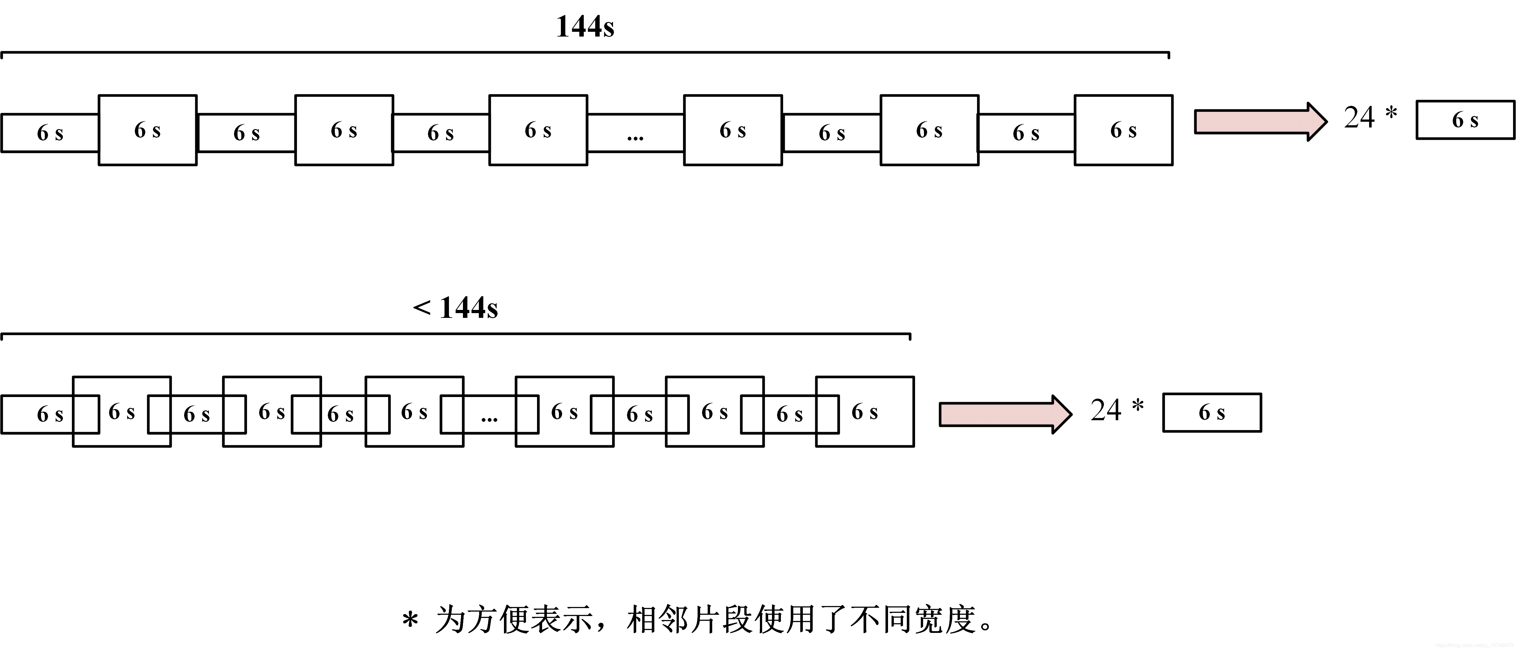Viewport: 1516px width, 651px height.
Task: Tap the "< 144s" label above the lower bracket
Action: (456, 308)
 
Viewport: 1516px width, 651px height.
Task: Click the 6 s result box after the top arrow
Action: (1465, 120)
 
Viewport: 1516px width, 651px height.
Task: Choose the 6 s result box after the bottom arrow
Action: (1212, 413)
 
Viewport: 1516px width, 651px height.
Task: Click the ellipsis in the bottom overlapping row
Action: (489, 415)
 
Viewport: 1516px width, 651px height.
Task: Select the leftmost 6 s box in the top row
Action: (50, 133)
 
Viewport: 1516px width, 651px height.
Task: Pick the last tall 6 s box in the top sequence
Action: (1123, 130)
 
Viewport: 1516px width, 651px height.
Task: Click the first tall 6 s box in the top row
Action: (147, 130)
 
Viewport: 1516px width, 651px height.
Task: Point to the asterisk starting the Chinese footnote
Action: (410, 621)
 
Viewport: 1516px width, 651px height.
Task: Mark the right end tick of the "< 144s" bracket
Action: (910, 337)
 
